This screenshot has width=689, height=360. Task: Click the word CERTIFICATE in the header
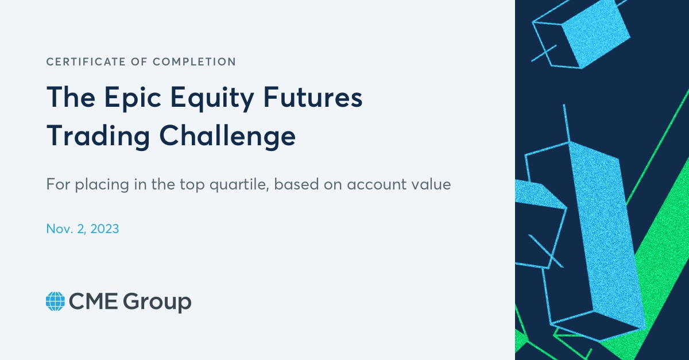tap(86, 61)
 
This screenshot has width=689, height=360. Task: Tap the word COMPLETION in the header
tap(195, 61)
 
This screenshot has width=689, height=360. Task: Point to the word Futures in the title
tap(313, 96)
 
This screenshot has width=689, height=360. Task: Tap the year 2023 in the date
tap(104, 229)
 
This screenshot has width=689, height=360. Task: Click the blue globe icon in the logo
tap(55, 301)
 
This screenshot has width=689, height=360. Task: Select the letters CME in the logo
tap(93, 301)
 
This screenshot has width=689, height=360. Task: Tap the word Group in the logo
tap(157, 302)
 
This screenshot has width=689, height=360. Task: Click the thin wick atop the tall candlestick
tap(567, 123)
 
